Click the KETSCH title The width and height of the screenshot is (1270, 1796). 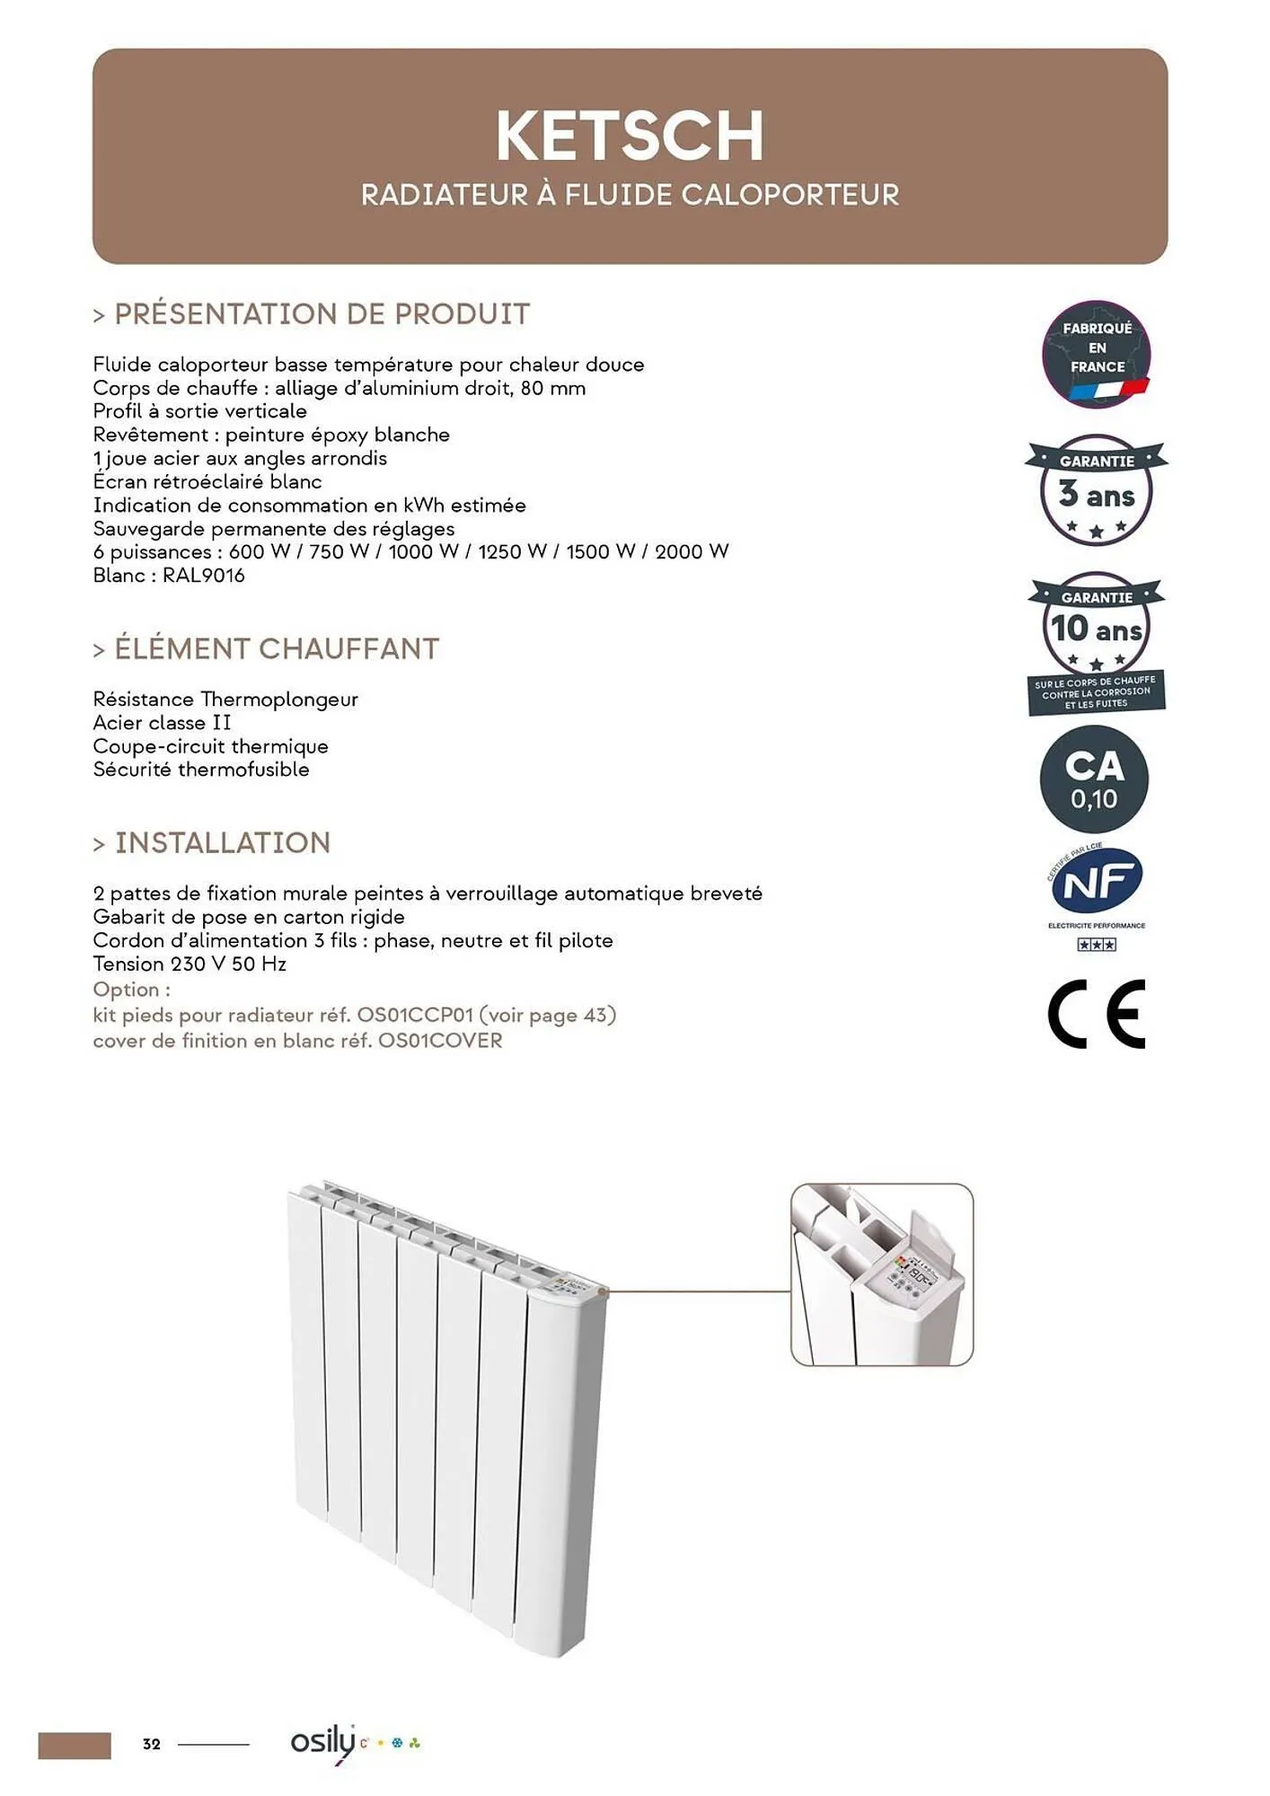pos(630,136)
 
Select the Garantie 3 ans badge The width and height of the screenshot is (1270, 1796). pos(1096,490)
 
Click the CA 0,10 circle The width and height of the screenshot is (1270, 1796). pos(1094,779)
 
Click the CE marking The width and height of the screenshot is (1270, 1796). pos(1097,1014)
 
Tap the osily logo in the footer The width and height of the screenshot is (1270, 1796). pos(323,1743)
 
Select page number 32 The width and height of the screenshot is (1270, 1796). pos(152,1744)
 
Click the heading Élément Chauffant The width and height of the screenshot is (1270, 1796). pos(277,648)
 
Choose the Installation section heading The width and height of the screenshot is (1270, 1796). pos(223,842)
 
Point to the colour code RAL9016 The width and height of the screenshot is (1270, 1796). pos(203,576)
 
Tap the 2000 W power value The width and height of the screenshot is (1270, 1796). pos(691,551)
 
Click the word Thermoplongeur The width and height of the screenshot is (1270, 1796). pos(279,700)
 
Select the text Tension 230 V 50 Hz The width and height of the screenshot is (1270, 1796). pos(190,964)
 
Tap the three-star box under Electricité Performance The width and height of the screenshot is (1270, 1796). pos(1096,945)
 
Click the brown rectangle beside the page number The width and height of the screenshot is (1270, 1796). pos(75,1745)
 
